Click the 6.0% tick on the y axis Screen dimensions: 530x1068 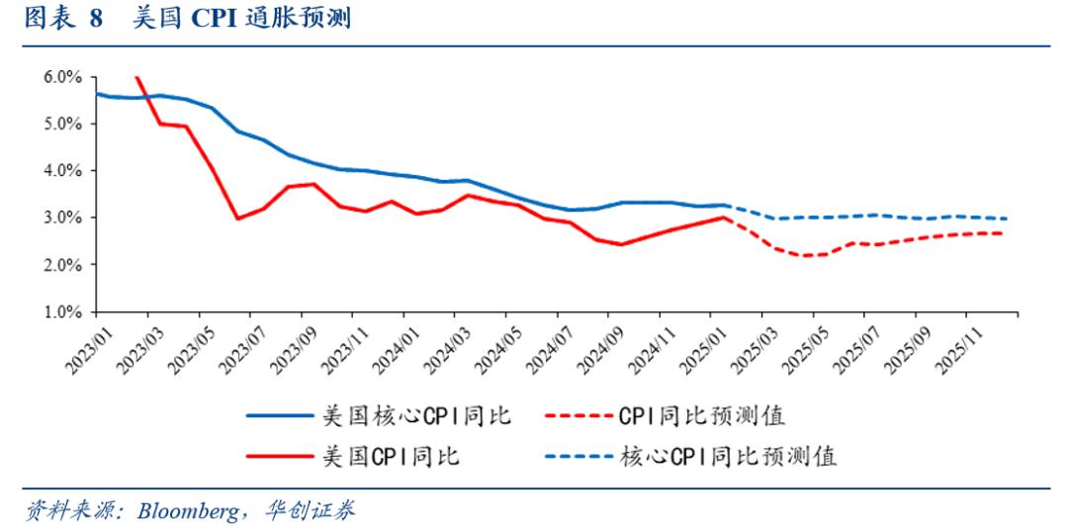tap(60, 77)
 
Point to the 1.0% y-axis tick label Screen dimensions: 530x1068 tap(60, 311)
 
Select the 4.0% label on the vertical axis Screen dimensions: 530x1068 tap(60, 171)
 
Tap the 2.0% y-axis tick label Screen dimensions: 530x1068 tap(60, 265)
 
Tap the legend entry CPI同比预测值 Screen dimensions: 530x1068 tap(701, 415)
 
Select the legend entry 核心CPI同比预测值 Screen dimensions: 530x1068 tap(727, 456)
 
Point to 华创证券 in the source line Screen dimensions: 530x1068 tap(314, 510)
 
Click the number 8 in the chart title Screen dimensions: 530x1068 tap(96, 20)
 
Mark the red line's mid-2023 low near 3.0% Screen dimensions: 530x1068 tap(237, 219)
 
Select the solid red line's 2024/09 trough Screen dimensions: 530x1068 tap(620, 244)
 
